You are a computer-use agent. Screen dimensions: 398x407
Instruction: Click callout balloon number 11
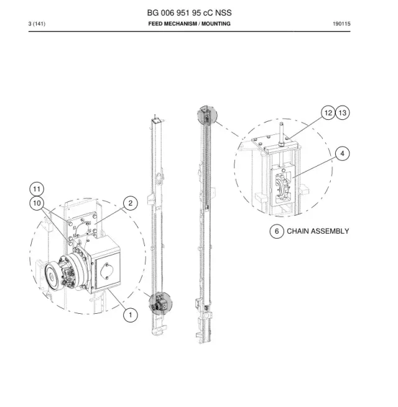click(x=37, y=189)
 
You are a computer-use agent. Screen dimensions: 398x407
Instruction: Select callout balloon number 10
click(x=37, y=203)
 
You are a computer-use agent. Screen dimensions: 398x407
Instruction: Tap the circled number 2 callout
click(x=131, y=203)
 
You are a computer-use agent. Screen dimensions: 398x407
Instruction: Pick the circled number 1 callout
click(x=131, y=315)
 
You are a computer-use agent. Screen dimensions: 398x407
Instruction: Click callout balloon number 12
click(x=328, y=112)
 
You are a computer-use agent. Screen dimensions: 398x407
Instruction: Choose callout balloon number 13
click(x=343, y=112)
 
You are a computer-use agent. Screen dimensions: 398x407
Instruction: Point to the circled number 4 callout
click(x=343, y=153)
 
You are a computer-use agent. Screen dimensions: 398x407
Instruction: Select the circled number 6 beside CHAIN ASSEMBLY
click(x=277, y=231)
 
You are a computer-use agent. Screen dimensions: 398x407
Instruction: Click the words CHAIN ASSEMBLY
click(x=318, y=231)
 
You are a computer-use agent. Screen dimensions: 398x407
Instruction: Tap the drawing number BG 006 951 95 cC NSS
click(x=190, y=12)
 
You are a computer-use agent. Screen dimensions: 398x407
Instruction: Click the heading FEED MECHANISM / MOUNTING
click(x=190, y=24)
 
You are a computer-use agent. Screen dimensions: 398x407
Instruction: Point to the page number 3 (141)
click(x=37, y=24)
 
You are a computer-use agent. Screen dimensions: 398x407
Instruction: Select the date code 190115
click(x=341, y=24)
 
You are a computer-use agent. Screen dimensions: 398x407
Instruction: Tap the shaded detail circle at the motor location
click(x=160, y=303)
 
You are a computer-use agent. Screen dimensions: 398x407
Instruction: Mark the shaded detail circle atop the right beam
click(x=207, y=115)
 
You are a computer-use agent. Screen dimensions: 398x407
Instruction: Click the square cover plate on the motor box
click(x=108, y=270)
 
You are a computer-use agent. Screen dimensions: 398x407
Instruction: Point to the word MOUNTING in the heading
click(x=216, y=24)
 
